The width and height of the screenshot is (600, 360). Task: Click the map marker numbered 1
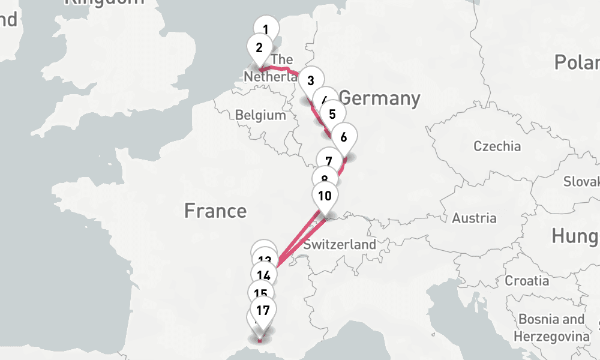click(x=266, y=29)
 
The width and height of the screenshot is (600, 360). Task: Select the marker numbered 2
click(x=260, y=48)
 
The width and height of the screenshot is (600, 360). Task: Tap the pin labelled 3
click(x=310, y=80)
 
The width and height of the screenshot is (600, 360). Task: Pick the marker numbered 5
click(x=332, y=113)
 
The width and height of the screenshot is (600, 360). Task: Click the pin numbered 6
click(x=344, y=137)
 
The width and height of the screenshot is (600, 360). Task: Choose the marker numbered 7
click(x=329, y=161)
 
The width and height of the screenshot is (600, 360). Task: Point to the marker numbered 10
click(x=325, y=196)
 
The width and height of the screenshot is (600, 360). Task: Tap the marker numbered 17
click(x=262, y=311)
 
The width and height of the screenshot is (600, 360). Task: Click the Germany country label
click(x=379, y=98)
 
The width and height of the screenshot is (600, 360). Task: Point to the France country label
click(x=215, y=211)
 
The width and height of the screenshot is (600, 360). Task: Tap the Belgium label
click(x=260, y=115)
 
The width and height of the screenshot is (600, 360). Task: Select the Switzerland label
click(x=340, y=244)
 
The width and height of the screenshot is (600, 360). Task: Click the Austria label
click(x=474, y=218)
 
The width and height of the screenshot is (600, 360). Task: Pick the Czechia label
click(x=497, y=146)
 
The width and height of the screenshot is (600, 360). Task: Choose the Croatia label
click(x=527, y=280)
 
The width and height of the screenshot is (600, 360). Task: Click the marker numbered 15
click(x=260, y=293)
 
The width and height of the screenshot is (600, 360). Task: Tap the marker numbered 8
click(x=325, y=179)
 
